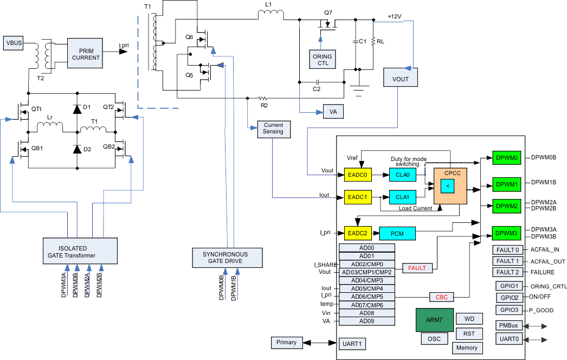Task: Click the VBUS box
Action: (x=14, y=43)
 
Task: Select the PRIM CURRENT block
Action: (x=85, y=53)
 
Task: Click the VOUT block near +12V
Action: (x=400, y=79)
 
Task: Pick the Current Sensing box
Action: (x=274, y=128)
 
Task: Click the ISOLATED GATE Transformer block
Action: (x=80, y=252)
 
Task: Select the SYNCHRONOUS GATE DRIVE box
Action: (x=227, y=258)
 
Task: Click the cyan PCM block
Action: (x=397, y=233)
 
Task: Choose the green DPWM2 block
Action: (x=506, y=206)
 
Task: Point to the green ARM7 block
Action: (x=434, y=320)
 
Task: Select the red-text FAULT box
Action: (x=417, y=268)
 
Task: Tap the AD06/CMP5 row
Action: (x=367, y=297)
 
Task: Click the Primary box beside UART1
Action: (x=286, y=342)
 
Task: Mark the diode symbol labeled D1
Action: (x=76, y=108)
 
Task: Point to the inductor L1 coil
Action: (x=270, y=17)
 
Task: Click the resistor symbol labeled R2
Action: (x=264, y=99)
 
